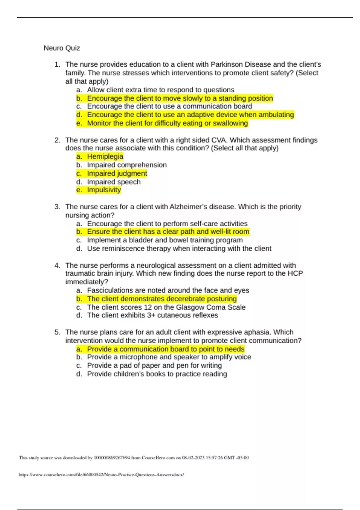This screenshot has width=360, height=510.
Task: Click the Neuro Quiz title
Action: tap(62, 48)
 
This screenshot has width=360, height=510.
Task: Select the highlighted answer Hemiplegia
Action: tap(105, 157)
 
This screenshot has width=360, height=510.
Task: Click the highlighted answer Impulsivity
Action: tap(104, 190)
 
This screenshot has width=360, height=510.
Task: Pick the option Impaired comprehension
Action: tap(127, 165)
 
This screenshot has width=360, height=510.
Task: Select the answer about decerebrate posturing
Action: tap(162, 299)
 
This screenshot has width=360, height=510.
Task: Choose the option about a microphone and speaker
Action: tap(169, 357)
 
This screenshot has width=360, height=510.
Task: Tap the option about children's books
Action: tap(157, 374)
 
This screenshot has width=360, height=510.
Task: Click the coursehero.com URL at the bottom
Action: tap(101, 475)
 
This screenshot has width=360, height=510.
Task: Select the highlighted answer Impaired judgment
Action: tap(117, 173)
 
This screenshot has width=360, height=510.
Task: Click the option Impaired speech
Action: tap(114, 182)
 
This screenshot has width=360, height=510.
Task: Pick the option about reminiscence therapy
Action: tap(179, 249)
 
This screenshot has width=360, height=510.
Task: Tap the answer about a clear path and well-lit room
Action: tap(168, 232)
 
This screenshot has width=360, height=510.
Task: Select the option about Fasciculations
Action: tap(168, 290)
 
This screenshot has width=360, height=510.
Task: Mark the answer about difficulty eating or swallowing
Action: tap(167, 123)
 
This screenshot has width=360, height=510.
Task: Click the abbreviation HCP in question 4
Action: tap(295, 273)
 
